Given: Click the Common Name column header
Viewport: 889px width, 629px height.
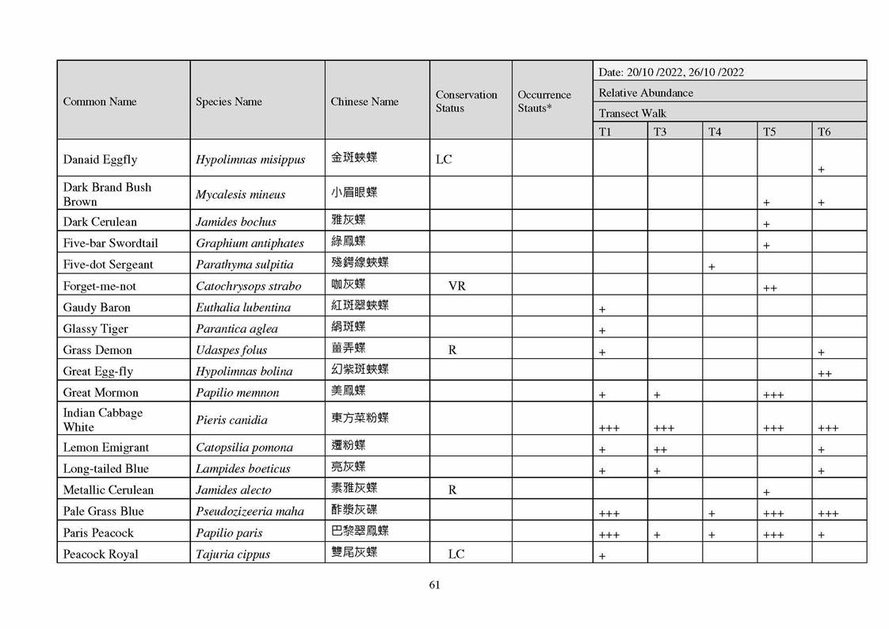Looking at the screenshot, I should [100, 101].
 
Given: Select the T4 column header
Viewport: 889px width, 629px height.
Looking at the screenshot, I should [714, 132].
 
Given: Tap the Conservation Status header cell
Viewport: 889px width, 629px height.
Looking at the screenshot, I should [466, 101].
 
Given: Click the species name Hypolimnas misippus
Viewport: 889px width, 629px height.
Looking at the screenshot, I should [250, 159].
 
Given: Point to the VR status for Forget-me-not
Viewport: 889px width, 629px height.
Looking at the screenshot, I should [456, 286].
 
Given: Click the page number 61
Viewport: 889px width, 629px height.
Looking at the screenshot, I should [434, 585].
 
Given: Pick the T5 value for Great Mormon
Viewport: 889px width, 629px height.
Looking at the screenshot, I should [773, 395].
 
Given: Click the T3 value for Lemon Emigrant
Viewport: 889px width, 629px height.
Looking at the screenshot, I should [659, 449].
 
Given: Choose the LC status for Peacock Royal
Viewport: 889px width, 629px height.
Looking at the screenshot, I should [456, 555].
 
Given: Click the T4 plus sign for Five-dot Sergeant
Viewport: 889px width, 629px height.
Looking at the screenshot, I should [711, 267].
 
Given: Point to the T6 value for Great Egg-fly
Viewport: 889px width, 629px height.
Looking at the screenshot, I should [824, 373].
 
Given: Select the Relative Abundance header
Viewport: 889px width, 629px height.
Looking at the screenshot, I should [646, 93].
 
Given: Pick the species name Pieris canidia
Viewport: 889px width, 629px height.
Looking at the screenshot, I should [231, 420].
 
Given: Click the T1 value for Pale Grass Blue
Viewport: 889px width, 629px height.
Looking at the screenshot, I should [609, 513].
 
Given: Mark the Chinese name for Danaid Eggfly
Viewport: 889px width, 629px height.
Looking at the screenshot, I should [353, 158].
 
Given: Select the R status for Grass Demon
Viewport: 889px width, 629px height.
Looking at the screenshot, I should [452, 350].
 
